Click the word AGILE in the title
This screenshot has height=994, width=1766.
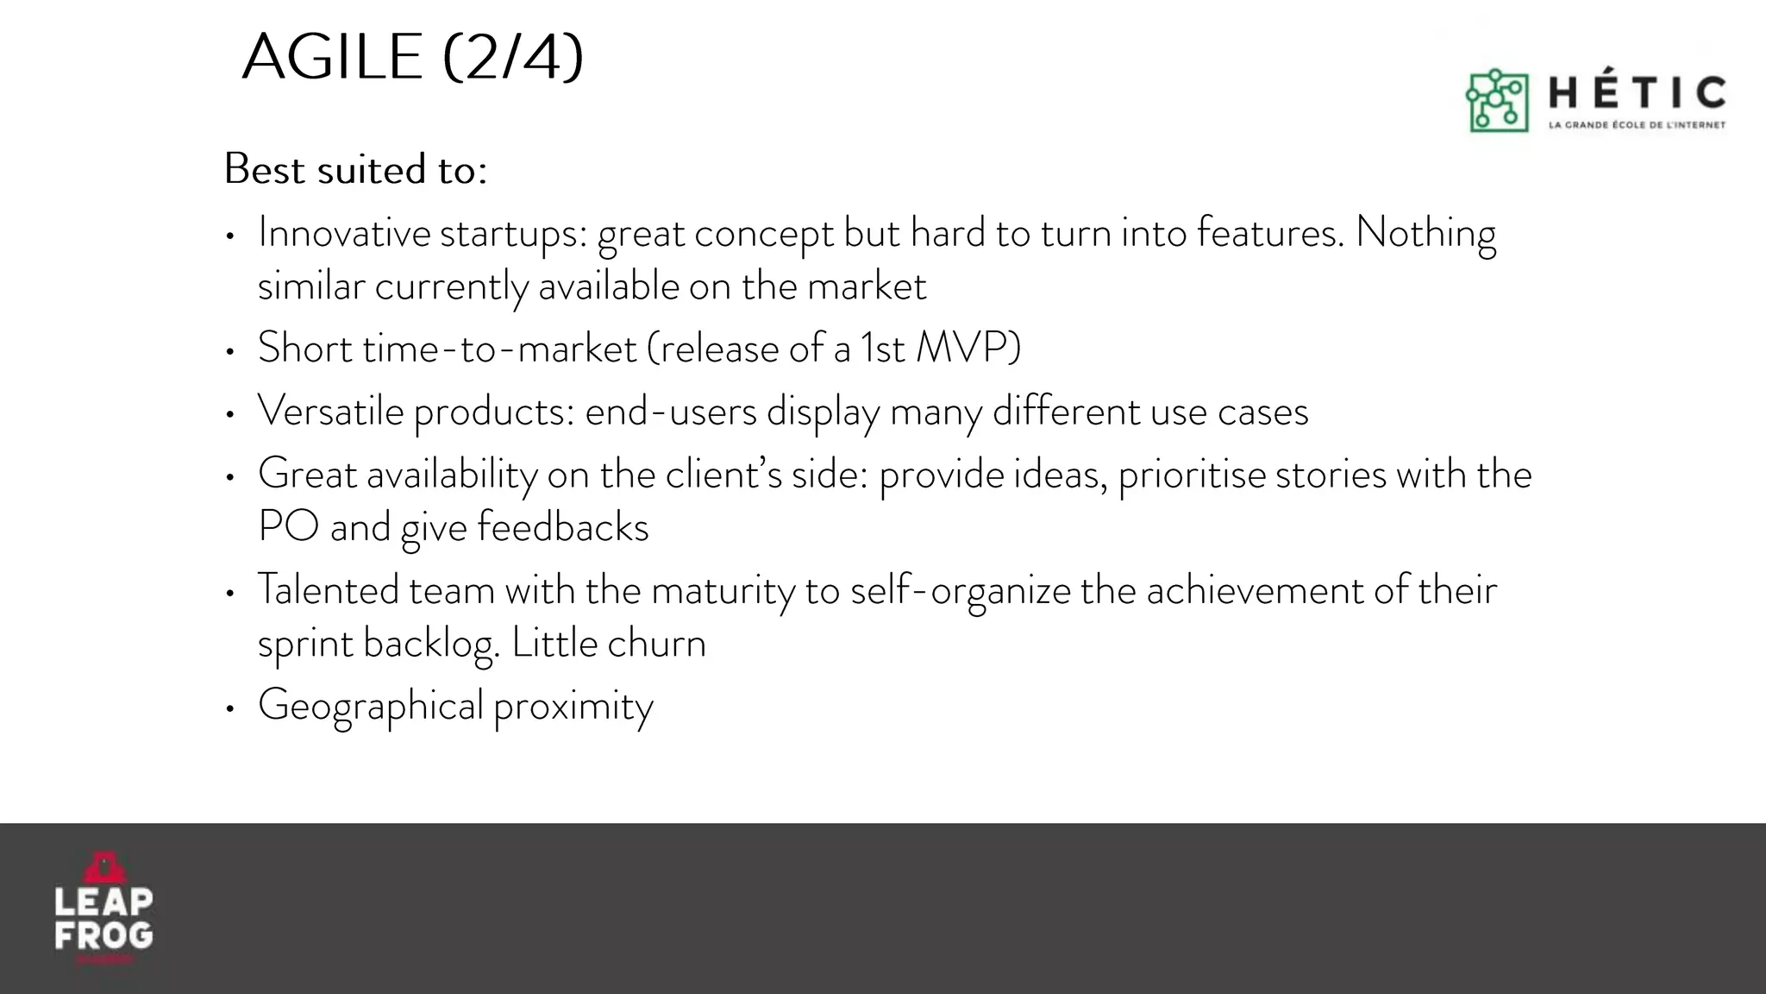332,57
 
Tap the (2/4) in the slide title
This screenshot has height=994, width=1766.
513,57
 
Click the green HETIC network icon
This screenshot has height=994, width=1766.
1497,101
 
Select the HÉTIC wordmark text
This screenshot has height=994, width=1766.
1638,93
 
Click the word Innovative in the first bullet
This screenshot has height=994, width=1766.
344,233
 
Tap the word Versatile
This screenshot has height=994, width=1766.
330,411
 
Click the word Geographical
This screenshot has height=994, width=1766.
370,706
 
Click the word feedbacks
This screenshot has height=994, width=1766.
562,527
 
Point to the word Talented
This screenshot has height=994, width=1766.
328,590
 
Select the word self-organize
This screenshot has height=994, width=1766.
960,592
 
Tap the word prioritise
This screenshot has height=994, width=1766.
1192,475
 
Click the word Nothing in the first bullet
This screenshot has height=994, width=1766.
1425,233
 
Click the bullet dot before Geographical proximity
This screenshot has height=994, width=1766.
229,708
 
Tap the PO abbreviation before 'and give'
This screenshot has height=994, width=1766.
288,526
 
